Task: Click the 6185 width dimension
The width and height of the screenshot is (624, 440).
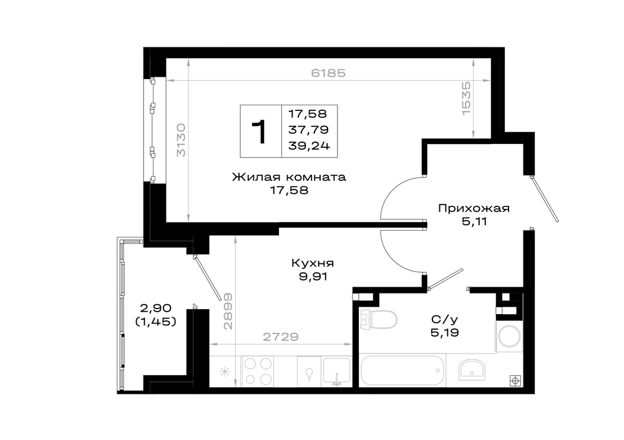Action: [x=328, y=73]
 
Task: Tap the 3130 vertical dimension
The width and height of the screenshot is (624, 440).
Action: [x=181, y=140]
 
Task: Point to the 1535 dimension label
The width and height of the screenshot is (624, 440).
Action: [x=466, y=98]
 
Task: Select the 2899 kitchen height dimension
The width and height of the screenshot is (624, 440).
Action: [x=228, y=312]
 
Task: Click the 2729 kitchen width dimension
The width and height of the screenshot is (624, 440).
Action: [x=281, y=337]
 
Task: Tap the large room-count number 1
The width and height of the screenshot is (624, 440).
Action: [x=259, y=132]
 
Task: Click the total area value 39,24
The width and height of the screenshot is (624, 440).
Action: [x=310, y=146]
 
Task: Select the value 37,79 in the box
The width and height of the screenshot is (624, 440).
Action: [x=308, y=130]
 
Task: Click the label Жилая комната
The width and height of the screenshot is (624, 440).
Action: [x=289, y=177]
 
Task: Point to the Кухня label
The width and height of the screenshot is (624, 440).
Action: [x=313, y=263]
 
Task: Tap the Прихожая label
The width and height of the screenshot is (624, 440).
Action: [x=474, y=208]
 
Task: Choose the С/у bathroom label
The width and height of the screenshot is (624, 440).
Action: [x=444, y=319]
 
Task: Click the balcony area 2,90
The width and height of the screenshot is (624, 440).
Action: [x=155, y=308]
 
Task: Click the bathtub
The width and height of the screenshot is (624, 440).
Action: [x=402, y=370]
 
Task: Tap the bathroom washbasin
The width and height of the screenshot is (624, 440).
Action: [x=471, y=370]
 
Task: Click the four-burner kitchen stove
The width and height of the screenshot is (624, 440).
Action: [x=258, y=371]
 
